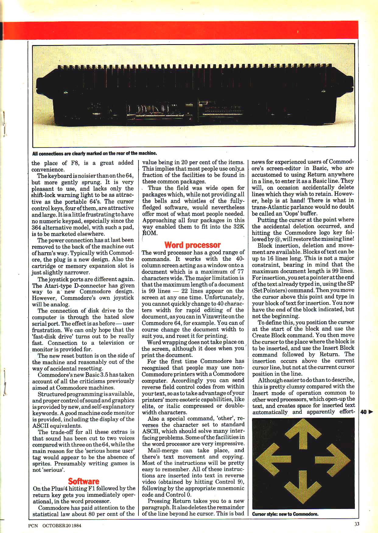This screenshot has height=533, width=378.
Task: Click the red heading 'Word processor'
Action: coord(192,245)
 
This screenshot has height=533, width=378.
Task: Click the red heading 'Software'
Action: coord(83,481)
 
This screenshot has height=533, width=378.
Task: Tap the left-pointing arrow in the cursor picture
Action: coord(270,463)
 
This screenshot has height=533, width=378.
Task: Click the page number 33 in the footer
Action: coord(357,524)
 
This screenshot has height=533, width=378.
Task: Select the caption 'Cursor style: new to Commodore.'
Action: coord(285,514)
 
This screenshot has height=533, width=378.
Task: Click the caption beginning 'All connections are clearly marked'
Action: coord(94,153)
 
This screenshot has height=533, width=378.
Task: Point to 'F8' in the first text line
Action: coord(75,163)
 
